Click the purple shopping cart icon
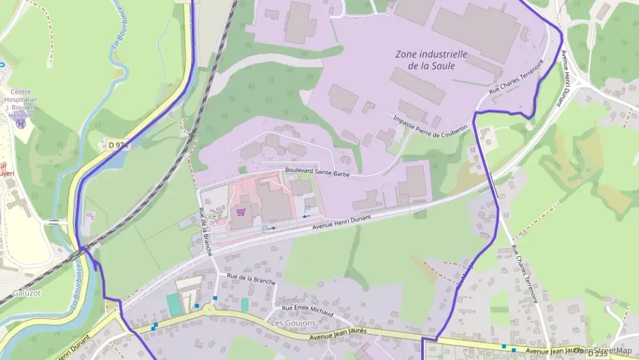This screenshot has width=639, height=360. point(240,212)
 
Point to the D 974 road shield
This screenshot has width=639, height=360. point(118,145)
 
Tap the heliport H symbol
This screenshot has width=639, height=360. point(20,124)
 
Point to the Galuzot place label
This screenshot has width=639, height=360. point(27,293)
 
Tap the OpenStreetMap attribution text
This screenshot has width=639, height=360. point(603,350)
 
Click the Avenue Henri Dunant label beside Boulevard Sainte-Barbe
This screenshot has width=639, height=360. point(350,222)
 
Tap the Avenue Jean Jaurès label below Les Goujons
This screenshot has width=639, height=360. point(338,334)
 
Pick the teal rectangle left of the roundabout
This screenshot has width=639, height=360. point(175,305)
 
